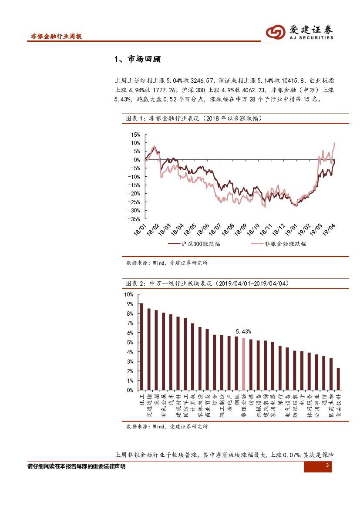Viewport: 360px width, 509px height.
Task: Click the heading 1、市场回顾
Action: [137, 60]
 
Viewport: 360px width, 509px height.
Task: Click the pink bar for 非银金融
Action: [243, 364]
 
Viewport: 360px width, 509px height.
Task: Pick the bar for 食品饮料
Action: [338, 379]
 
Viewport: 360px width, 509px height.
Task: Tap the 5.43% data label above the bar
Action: [243, 332]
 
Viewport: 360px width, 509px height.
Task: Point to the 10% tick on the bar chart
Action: [129, 294]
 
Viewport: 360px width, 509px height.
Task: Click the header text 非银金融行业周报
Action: [56, 37]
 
